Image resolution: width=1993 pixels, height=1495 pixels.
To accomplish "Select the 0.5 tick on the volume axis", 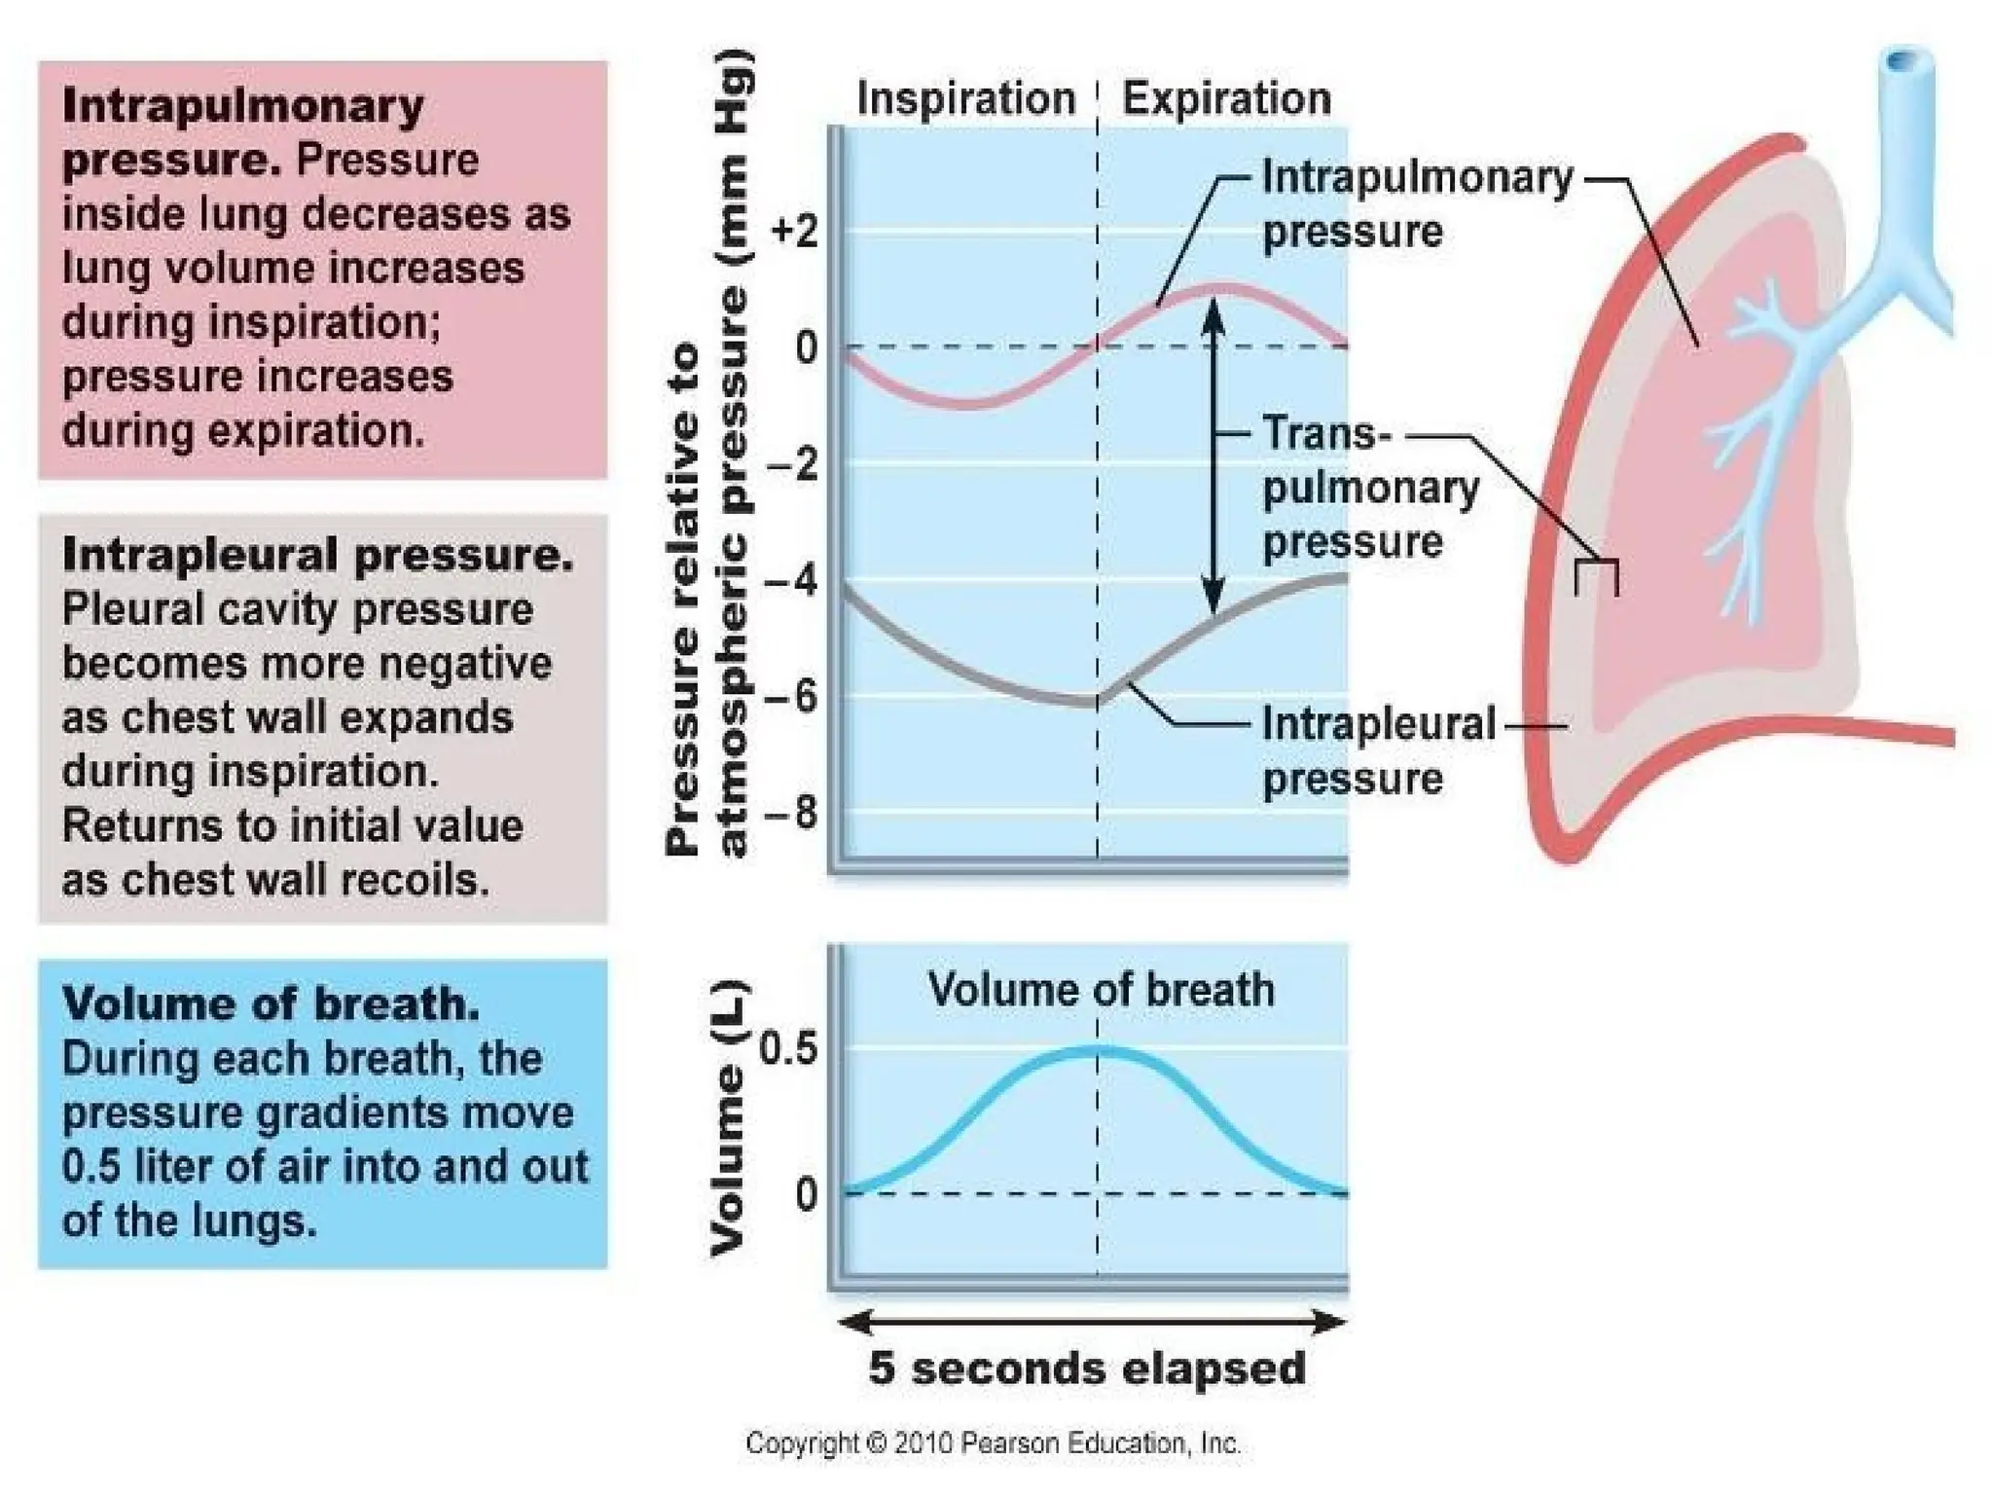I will pos(789,1050).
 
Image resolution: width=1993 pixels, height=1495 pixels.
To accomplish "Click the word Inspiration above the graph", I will pos(965,99).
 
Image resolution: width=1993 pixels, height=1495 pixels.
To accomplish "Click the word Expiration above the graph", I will pos(1226,99).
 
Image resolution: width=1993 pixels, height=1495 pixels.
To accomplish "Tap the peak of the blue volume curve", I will pos(1098,1049).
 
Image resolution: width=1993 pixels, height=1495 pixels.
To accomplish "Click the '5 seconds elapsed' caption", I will pos(1087,1367).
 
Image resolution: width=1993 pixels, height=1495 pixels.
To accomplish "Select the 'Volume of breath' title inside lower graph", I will pos(1101,990).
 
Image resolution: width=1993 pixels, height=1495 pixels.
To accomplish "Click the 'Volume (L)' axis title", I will pos(728,1118).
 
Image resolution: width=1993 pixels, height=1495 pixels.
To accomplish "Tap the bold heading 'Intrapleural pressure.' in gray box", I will pos(317,555).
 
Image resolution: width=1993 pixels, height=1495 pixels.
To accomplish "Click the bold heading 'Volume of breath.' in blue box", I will pos(271,1003).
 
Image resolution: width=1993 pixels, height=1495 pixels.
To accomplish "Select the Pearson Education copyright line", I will pos(993,1442).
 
